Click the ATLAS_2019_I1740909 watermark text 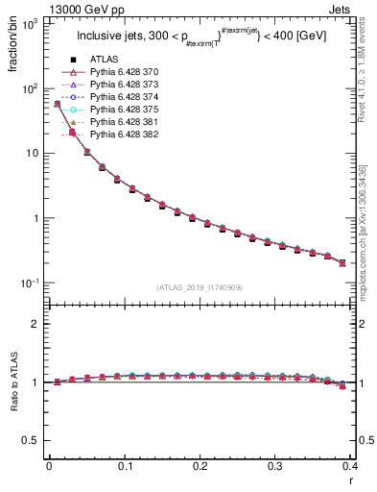coord(200,287)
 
